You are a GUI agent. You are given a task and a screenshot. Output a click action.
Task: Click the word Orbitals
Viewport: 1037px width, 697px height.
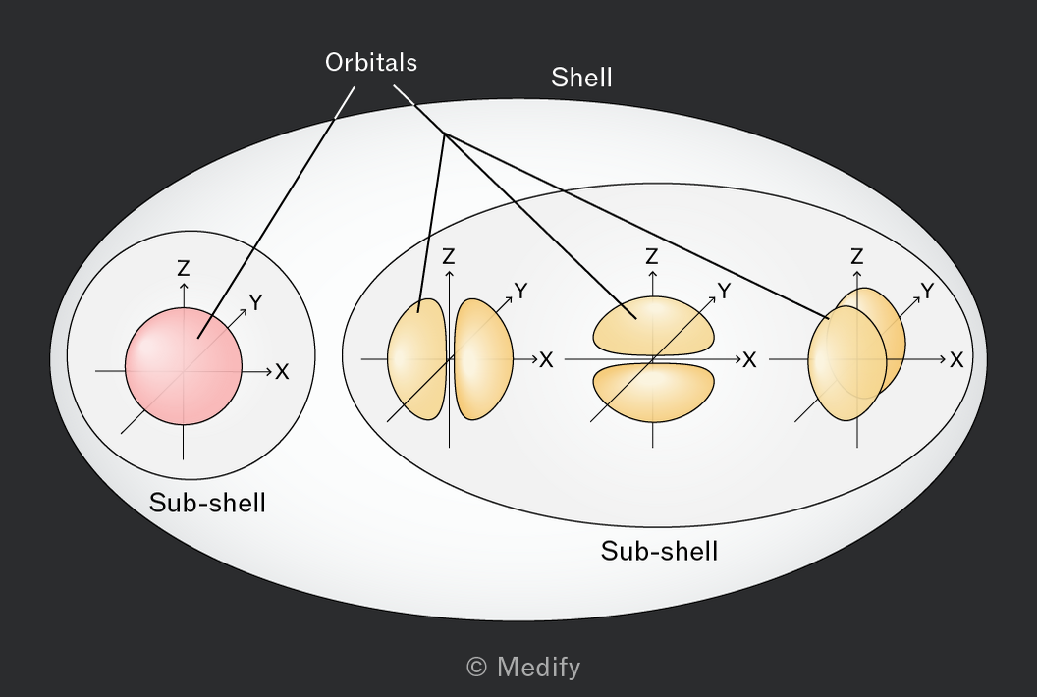(x=371, y=62)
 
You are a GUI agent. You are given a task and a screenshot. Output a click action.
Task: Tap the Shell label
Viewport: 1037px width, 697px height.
(x=581, y=78)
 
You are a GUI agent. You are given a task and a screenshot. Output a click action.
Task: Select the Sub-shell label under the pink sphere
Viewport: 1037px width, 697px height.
(x=207, y=503)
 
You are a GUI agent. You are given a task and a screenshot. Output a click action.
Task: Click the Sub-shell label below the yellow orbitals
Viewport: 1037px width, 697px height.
(x=659, y=551)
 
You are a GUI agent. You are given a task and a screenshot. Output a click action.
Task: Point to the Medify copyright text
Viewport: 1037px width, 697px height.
(x=523, y=667)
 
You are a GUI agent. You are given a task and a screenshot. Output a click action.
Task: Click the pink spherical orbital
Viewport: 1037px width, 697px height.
(x=184, y=366)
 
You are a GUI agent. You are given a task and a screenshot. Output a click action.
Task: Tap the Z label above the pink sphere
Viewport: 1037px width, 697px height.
(x=184, y=268)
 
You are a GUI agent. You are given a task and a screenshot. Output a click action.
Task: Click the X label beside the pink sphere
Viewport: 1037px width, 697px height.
(x=283, y=372)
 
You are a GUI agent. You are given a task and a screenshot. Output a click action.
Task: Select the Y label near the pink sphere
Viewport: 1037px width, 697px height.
(x=256, y=302)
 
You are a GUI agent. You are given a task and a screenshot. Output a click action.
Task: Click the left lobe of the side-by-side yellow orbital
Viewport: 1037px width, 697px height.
(x=416, y=359)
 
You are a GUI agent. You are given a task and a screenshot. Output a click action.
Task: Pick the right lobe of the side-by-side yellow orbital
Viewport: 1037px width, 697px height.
(x=483, y=359)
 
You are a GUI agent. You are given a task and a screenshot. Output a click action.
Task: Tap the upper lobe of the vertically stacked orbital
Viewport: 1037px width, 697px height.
(x=653, y=326)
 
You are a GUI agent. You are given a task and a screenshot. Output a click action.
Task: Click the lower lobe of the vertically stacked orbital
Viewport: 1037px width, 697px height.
(x=653, y=393)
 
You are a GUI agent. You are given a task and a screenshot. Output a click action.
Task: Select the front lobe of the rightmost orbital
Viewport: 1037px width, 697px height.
(x=847, y=363)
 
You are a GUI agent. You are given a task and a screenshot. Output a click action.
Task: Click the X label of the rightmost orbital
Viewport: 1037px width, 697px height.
(x=956, y=359)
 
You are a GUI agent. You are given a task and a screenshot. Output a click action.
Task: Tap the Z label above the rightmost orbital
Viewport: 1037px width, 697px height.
(x=857, y=256)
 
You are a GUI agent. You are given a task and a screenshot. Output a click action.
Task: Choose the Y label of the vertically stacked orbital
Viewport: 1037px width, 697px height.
(x=724, y=291)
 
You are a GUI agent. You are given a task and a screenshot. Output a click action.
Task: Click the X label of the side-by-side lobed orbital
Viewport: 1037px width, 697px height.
(x=546, y=359)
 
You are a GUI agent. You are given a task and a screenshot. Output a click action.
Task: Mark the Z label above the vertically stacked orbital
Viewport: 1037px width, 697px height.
(x=652, y=256)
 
